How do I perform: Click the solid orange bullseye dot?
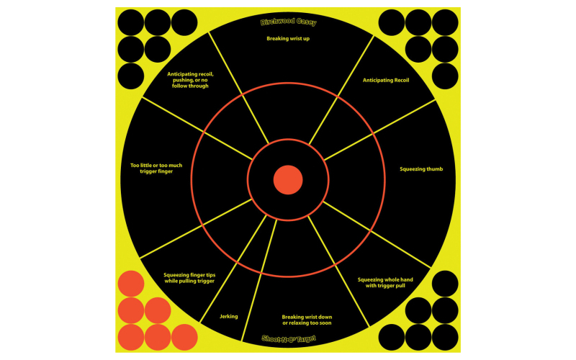(x=288, y=179)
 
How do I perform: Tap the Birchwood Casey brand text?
(x=289, y=22)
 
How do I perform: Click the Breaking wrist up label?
(x=288, y=39)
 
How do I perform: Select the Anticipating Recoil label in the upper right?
(x=386, y=80)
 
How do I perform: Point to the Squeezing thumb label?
(x=421, y=169)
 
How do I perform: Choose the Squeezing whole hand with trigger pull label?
(x=385, y=282)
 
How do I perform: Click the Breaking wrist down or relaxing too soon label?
(x=307, y=320)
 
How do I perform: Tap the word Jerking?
(x=228, y=316)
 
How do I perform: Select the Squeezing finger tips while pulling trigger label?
(x=189, y=278)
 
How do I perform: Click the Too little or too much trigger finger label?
(x=156, y=168)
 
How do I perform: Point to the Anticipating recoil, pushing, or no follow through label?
(x=190, y=80)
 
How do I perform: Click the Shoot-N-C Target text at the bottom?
(x=289, y=338)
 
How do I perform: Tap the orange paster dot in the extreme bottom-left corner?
(x=131, y=337)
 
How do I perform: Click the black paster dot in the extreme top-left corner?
(x=131, y=22)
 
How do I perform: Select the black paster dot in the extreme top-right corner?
(x=445, y=22)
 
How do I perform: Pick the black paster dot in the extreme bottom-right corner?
(x=445, y=337)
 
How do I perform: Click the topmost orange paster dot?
(x=131, y=284)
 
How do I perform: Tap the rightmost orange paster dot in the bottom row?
(x=184, y=337)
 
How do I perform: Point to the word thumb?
(x=435, y=169)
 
